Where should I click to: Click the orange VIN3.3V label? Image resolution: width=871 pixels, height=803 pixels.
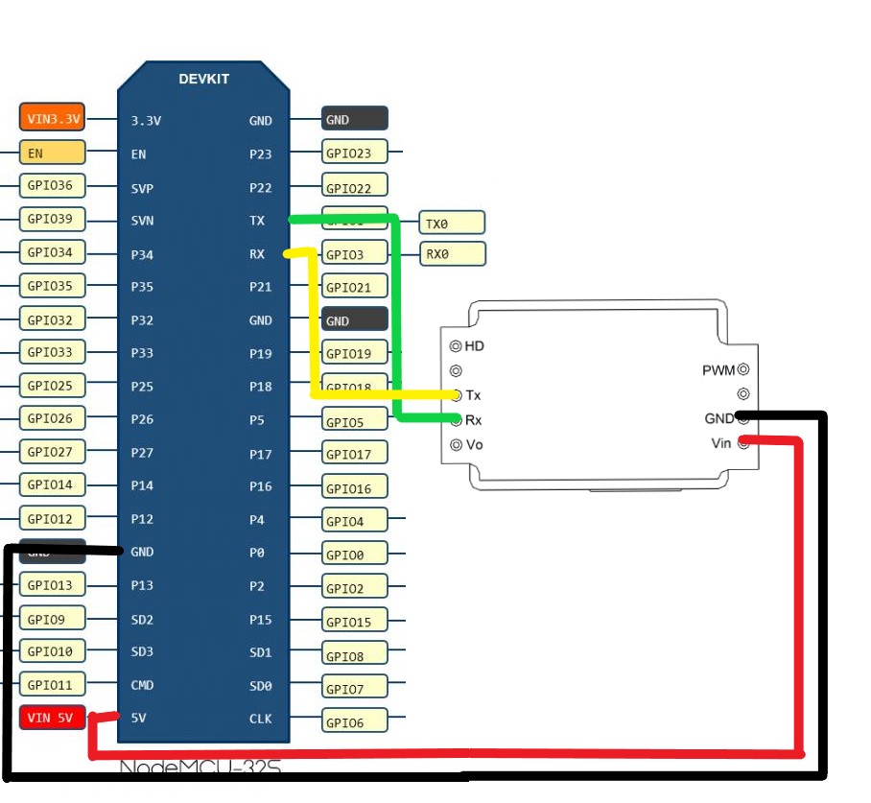point(52,119)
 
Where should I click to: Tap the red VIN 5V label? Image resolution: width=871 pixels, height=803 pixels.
point(52,718)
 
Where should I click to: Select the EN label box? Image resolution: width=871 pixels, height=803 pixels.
point(52,153)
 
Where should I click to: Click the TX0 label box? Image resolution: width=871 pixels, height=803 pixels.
point(452,223)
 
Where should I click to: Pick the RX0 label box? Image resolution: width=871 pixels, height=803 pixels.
point(452,254)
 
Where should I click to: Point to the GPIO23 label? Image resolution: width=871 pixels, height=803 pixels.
point(355,153)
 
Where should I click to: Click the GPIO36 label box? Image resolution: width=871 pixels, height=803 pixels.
point(52,185)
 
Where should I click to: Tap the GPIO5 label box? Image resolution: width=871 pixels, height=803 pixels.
point(355,421)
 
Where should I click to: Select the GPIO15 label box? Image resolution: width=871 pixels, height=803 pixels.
point(355,622)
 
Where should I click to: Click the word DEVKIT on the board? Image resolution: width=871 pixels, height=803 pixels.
point(203,79)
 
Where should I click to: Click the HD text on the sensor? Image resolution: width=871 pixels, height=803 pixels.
point(475,345)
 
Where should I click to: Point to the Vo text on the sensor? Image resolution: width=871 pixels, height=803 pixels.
point(475,445)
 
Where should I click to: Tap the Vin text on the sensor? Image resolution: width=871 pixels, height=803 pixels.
point(721,442)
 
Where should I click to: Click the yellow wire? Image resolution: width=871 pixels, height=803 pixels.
point(314,326)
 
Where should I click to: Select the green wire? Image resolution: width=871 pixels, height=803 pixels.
point(395,317)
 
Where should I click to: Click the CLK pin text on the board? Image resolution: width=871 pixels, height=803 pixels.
point(260,719)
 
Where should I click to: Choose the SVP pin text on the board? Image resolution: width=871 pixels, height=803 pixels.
point(142,187)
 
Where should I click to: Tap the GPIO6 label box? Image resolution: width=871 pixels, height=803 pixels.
point(355,722)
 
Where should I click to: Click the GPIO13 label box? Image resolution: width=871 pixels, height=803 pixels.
point(52,585)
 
